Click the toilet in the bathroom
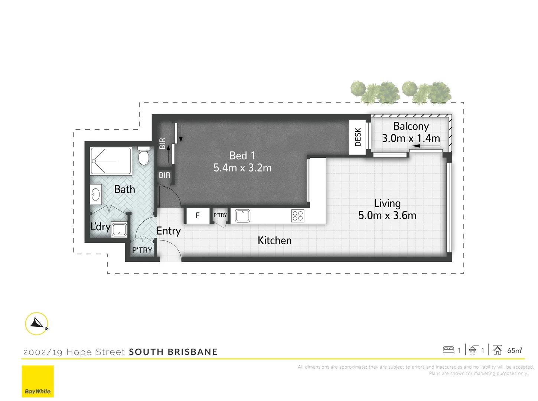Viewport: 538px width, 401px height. click(x=143, y=156)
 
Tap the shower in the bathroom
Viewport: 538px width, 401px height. click(x=111, y=161)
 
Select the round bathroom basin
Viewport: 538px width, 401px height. click(x=96, y=194)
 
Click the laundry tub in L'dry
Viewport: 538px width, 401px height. click(x=119, y=230)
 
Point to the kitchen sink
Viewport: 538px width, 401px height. click(x=242, y=216)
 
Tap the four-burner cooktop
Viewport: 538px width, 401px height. click(x=298, y=216)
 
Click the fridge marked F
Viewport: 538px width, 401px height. click(x=198, y=215)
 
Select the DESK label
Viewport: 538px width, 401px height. click(x=358, y=137)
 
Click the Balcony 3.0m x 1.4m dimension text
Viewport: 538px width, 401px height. click(x=411, y=138)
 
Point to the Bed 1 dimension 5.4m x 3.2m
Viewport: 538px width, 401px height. click(x=242, y=168)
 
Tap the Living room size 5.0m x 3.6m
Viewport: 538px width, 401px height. click(x=387, y=215)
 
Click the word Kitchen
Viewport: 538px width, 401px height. click(x=274, y=241)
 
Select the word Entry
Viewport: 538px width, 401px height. click(x=168, y=231)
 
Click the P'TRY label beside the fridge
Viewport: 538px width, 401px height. click(x=220, y=215)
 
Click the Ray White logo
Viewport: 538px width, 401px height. click(x=38, y=381)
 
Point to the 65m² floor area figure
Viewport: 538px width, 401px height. click(x=515, y=351)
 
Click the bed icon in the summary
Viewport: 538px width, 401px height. click(x=449, y=350)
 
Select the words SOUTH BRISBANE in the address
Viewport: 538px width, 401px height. click(x=173, y=352)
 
